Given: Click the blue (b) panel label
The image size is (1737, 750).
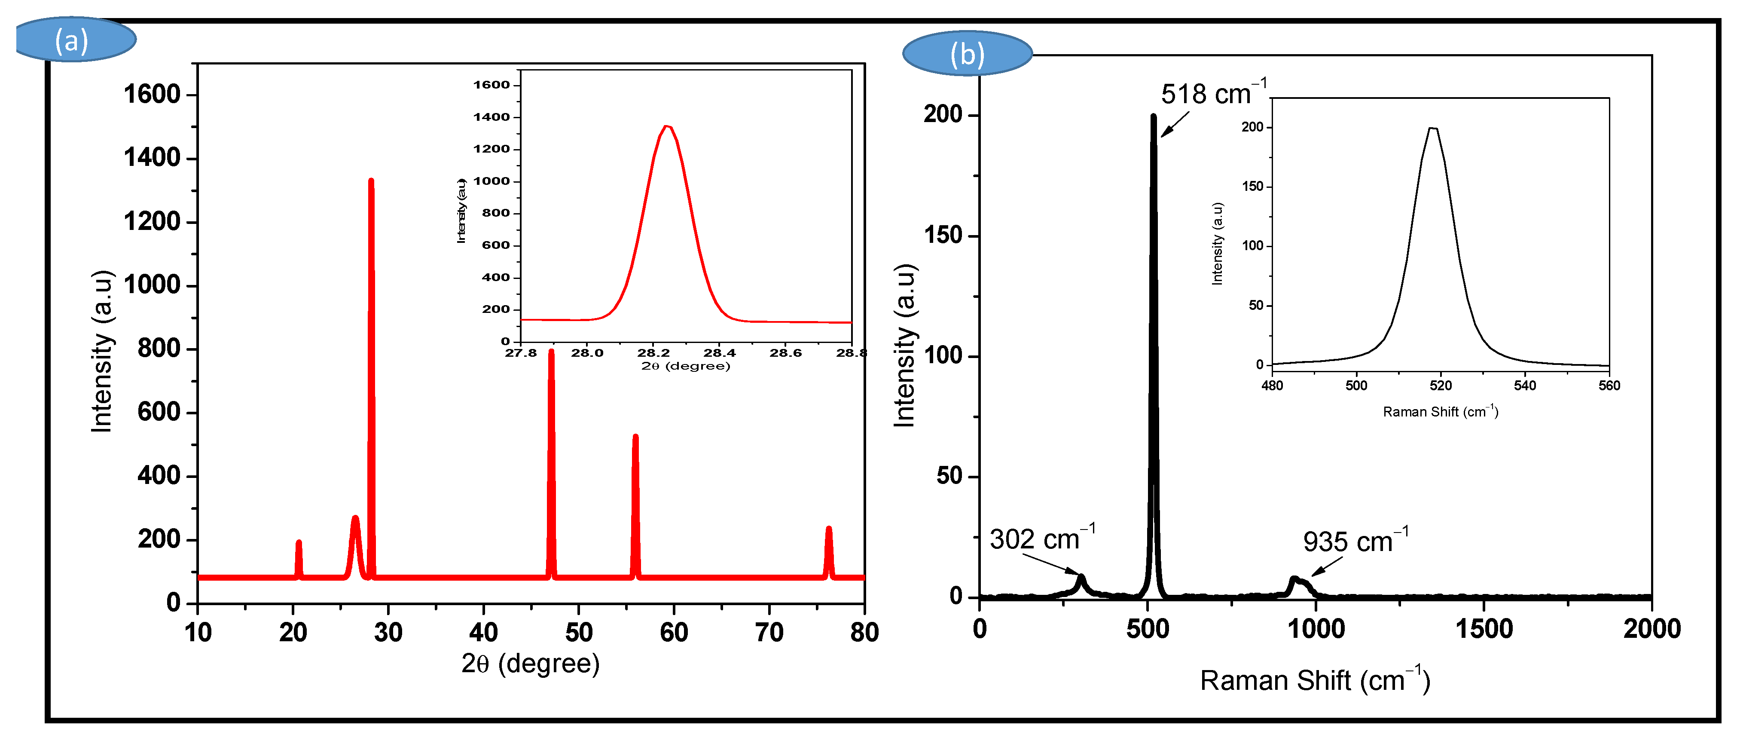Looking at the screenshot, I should pyautogui.click(x=967, y=54).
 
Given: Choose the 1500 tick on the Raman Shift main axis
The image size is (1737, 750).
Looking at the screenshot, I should pyautogui.click(x=1484, y=629).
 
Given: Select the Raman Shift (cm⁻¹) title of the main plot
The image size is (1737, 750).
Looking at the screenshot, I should pyautogui.click(x=1315, y=680).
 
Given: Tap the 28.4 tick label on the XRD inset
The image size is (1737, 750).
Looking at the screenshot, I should pyautogui.click(x=720, y=353).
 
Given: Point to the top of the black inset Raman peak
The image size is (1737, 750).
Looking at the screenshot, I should pyautogui.click(x=1433, y=129).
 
